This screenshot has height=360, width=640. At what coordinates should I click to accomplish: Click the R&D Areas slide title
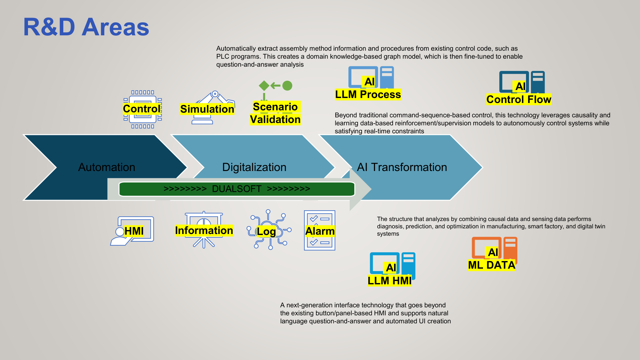pyautogui.click(x=86, y=27)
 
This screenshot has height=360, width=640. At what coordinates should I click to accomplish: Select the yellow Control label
pyautogui.click(x=142, y=109)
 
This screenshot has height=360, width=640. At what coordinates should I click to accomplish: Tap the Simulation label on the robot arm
pyautogui.click(x=207, y=109)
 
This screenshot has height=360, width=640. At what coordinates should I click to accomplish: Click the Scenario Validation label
pyautogui.click(x=275, y=113)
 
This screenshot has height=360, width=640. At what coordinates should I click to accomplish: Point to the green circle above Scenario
pyautogui.click(x=287, y=86)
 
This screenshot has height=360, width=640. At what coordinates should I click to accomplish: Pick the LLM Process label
pyautogui.click(x=368, y=95)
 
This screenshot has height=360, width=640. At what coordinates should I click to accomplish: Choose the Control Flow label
pyautogui.click(x=519, y=99)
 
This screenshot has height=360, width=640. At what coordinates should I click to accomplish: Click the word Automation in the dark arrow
pyautogui.click(x=107, y=167)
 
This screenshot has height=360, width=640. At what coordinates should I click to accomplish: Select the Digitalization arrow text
pyautogui.click(x=254, y=167)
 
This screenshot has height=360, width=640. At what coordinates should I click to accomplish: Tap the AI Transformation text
pyautogui.click(x=402, y=167)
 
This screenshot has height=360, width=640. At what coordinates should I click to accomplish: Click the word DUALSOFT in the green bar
pyautogui.click(x=237, y=189)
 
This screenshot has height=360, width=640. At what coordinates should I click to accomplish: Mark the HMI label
pyautogui.click(x=134, y=231)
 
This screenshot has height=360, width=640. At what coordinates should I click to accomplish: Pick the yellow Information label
pyautogui.click(x=204, y=230)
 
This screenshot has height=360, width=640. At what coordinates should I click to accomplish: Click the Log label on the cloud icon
pyautogui.click(x=266, y=231)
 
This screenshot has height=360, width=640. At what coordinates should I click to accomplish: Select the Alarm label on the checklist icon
pyautogui.click(x=320, y=231)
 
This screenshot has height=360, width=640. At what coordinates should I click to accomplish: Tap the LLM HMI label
pyautogui.click(x=389, y=281)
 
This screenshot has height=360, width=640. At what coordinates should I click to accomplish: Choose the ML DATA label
pyautogui.click(x=491, y=265)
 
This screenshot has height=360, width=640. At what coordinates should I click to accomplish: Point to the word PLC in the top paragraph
pyautogui.click(x=222, y=57)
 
